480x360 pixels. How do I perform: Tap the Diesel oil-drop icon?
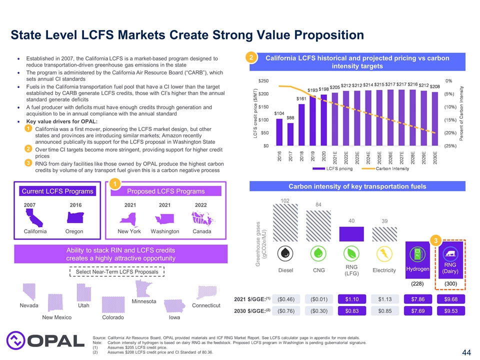coord(284,253)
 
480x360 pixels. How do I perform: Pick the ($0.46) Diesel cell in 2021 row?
coord(285,299)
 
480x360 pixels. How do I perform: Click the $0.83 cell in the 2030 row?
coord(351,310)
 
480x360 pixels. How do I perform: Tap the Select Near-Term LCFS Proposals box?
coord(116,271)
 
